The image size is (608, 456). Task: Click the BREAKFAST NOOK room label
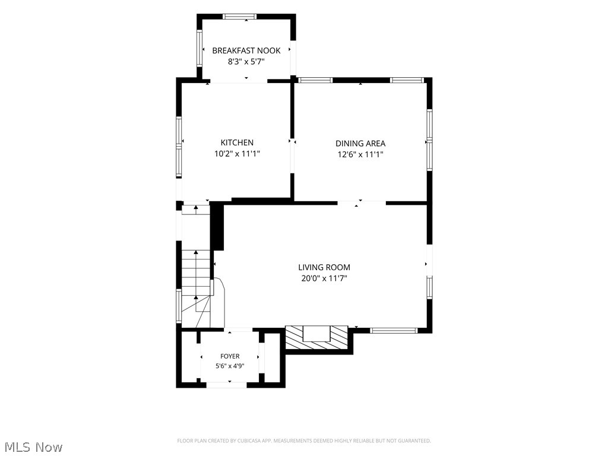point(246,50)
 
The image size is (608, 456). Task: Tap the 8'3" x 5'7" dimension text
point(246,61)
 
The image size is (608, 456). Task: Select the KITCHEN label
point(237,142)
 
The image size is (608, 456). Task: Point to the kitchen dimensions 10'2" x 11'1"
point(237,154)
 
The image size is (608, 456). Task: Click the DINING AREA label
point(360,144)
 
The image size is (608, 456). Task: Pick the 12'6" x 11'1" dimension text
point(360,154)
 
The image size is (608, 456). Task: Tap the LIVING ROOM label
point(324,267)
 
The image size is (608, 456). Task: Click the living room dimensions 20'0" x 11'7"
point(324,278)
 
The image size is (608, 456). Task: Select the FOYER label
point(230,356)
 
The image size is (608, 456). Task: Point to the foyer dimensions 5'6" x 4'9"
point(230,366)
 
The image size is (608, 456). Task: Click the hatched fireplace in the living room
point(316,337)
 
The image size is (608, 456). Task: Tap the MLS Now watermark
point(33,446)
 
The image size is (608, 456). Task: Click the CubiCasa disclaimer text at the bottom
point(304,441)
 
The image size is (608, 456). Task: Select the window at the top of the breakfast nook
point(240,16)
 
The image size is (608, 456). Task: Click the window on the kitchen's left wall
point(179,147)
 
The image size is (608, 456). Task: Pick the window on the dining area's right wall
point(430,140)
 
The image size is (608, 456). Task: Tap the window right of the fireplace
point(394,331)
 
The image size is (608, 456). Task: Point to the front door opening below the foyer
point(226,385)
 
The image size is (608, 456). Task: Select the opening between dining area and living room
point(362,203)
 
